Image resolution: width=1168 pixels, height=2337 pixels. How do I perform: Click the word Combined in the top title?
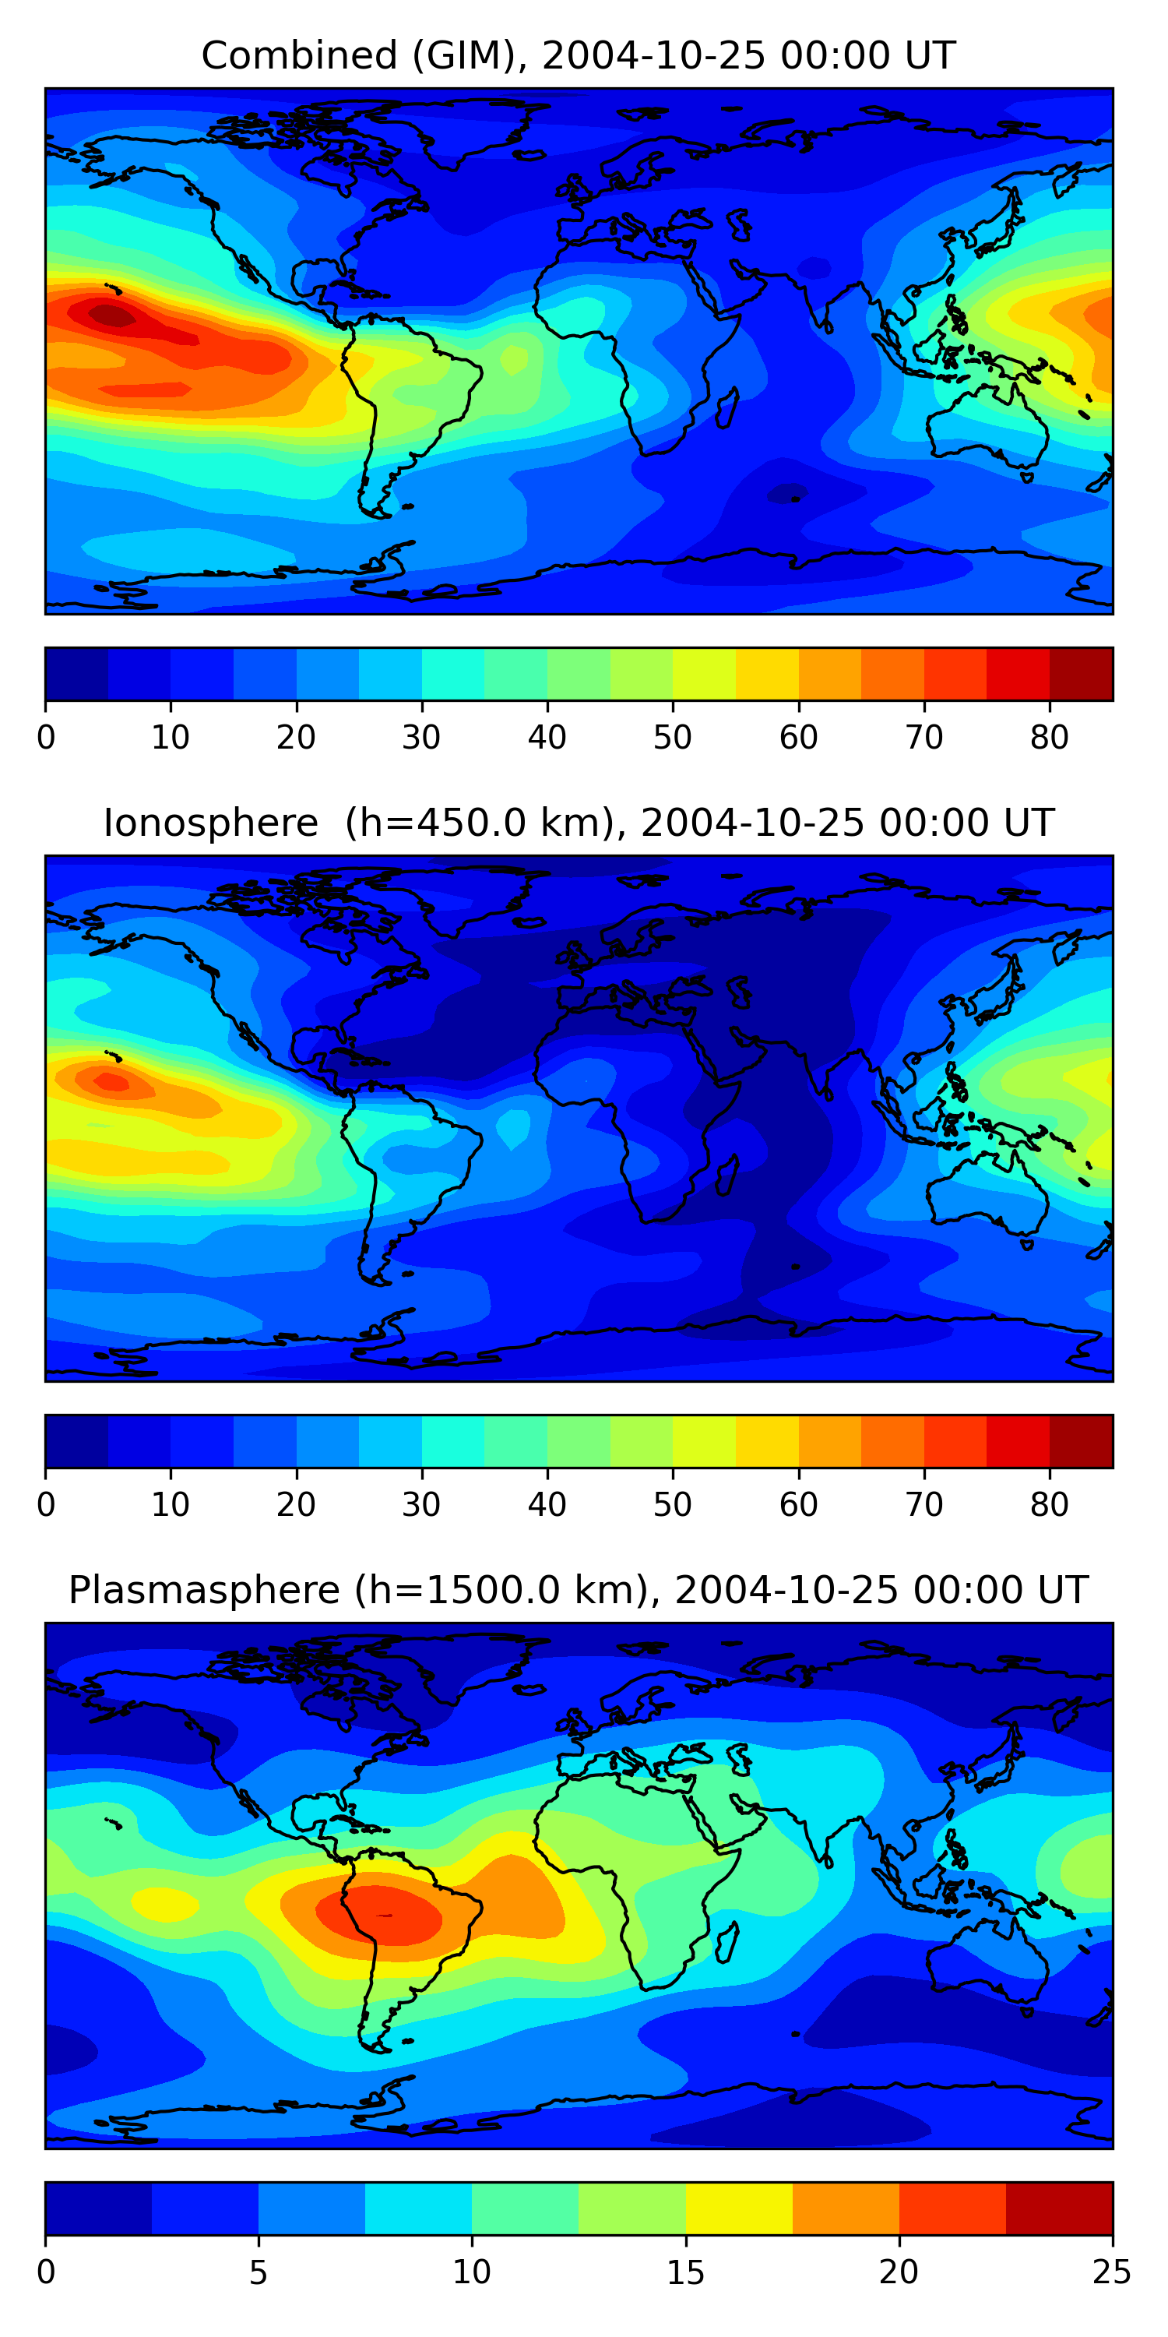(x=299, y=56)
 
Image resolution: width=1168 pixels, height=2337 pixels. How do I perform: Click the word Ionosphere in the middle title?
(x=210, y=823)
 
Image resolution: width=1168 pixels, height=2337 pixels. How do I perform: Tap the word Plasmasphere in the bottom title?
(x=204, y=1591)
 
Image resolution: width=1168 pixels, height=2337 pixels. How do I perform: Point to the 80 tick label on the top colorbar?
(x=1049, y=738)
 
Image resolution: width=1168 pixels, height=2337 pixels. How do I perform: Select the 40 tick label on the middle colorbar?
(x=547, y=1505)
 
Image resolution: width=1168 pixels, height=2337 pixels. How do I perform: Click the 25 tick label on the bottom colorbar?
(x=1112, y=2272)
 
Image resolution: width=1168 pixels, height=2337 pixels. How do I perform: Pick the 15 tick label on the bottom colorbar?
(x=685, y=2272)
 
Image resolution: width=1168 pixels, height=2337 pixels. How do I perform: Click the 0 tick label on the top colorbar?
(x=46, y=738)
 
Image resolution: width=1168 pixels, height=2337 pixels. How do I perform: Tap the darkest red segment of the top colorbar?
(x=1081, y=674)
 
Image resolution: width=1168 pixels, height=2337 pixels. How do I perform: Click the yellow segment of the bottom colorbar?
(x=739, y=2208)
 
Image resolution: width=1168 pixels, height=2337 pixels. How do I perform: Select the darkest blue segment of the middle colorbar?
(x=77, y=1440)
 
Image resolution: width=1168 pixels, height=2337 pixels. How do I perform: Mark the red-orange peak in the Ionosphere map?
(x=112, y=1081)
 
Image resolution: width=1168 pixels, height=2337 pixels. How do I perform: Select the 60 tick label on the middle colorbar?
(x=798, y=1505)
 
